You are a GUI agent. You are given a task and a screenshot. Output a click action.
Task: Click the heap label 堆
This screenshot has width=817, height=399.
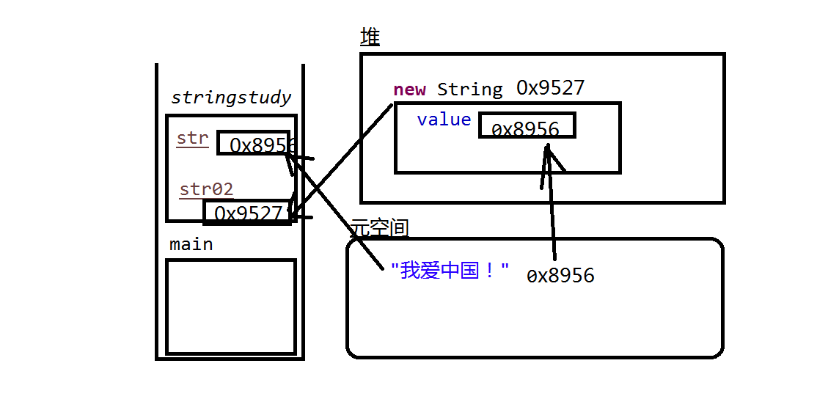click(x=370, y=37)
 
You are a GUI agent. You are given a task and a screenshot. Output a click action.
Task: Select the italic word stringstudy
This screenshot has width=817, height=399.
click(x=230, y=98)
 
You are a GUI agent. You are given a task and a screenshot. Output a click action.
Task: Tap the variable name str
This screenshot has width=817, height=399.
click(x=192, y=138)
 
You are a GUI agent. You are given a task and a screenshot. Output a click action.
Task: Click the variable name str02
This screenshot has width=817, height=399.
click(x=206, y=189)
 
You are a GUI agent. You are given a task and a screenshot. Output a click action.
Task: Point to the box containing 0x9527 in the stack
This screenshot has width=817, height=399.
click(x=247, y=213)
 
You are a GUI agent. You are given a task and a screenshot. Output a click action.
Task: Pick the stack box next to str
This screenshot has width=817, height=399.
click(x=257, y=143)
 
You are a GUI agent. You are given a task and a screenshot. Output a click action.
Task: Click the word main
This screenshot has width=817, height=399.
click(x=191, y=244)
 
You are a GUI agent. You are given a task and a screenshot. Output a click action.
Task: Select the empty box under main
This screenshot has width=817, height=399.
click(x=230, y=307)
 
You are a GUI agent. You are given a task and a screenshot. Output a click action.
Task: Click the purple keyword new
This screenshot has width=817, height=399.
click(x=409, y=89)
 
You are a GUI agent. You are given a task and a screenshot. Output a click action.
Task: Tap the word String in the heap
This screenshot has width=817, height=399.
click(x=470, y=89)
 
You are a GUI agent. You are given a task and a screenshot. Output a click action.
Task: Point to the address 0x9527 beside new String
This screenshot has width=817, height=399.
click(x=550, y=88)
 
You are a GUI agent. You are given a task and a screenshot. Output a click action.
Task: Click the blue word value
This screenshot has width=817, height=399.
click(x=444, y=120)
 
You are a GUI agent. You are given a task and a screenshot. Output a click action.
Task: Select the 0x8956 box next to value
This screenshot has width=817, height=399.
click(x=527, y=126)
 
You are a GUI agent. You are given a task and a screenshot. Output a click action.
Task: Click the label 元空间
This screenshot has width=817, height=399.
click(x=379, y=228)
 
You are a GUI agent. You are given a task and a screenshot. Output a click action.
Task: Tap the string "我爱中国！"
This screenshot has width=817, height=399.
click(x=450, y=271)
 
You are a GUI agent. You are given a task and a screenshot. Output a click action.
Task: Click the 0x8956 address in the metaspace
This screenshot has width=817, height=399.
click(x=560, y=276)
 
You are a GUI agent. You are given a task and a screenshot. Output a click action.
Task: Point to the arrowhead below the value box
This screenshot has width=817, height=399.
click(x=548, y=150)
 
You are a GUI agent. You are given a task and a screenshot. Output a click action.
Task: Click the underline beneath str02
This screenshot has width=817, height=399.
click(x=206, y=199)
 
